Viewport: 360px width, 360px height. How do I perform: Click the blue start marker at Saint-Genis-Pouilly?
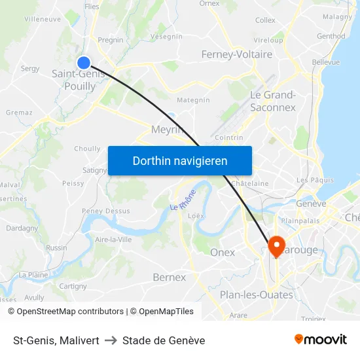(x=84, y=63)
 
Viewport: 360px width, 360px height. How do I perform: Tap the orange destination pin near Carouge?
(x=276, y=246)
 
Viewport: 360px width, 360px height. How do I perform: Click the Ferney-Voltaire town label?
(x=237, y=54)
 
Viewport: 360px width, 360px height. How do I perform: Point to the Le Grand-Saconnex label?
(x=273, y=101)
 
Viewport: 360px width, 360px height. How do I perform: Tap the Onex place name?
(x=223, y=253)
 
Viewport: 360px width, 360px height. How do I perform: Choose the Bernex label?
(x=169, y=278)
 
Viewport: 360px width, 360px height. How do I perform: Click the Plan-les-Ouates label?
(x=256, y=295)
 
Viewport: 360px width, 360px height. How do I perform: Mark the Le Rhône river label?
(x=183, y=200)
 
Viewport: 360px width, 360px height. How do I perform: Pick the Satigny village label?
(x=95, y=170)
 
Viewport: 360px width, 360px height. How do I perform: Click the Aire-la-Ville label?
(x=114, y=240)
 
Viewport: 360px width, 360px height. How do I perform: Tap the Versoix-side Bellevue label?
(x=326, y=62)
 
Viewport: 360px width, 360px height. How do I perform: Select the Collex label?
(x=265, y=20)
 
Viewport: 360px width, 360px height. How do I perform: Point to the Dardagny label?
(x=22, y=228)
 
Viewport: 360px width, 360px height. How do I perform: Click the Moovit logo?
(x=320, y=339)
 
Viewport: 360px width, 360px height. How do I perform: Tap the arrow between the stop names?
(x=111, y=340)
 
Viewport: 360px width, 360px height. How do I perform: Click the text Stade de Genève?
(x=164, y=340)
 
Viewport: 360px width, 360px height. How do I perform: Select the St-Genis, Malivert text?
(x=56, y=340)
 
